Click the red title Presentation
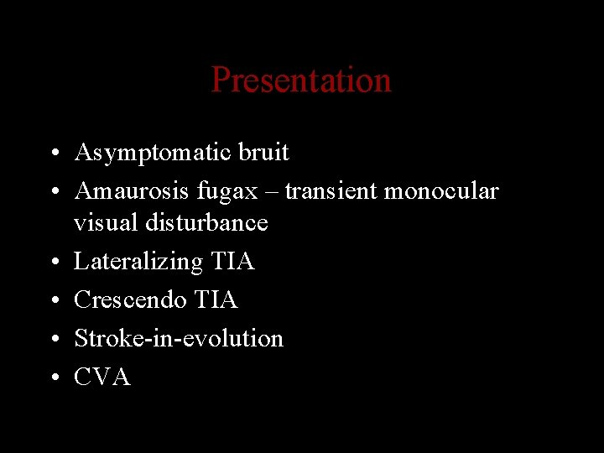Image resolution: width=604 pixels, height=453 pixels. tap(301, 81)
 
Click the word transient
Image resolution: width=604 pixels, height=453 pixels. tap(331, 191)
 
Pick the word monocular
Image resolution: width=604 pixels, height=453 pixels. tap(441, 191)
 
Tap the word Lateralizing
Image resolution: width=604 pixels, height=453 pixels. tap(138, 262)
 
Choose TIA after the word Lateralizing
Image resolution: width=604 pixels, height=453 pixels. tap(232, 262)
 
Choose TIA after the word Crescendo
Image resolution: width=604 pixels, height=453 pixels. tap(216, 299)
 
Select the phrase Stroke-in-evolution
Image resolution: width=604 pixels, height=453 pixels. tap(179, 338)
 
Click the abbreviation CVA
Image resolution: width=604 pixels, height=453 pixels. tap(102, 377)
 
